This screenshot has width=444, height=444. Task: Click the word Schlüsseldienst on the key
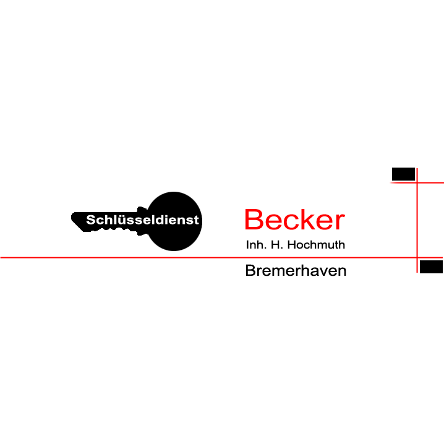pos(142,220)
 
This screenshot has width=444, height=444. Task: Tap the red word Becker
pos(294,220)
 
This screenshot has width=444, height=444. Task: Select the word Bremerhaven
pos(296,270)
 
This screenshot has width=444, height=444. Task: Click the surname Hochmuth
pos(316,245)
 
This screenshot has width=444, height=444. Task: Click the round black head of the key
pos(174,221)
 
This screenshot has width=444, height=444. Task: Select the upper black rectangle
pos(403,174)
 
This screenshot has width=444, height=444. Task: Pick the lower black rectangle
pos(431,267)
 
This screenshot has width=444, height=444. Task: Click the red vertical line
pos(417,220)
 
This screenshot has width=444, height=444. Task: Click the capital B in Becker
pos(254,220)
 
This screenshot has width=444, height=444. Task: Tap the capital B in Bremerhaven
pos(250,270)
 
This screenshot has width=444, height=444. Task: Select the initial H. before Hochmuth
pos(276,245)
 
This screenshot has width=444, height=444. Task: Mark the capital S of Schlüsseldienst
pos(91,220)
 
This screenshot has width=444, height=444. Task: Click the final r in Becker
pos(340,221)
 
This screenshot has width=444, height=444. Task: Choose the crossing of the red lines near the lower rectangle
pos(417,258)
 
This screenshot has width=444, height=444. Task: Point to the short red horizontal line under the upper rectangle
pos(417,182)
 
